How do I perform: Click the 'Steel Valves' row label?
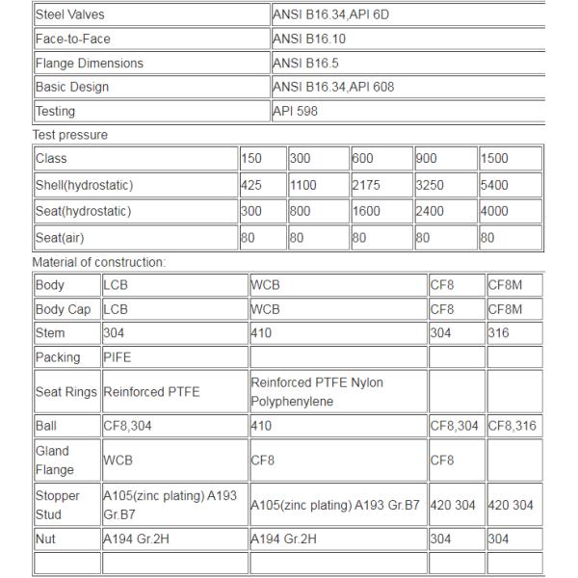click(70, 15)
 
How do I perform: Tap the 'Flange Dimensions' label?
click(90, 64)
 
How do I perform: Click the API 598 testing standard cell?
click(296, 112)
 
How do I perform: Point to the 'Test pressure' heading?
click(70, 135)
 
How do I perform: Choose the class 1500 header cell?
click(494, 159)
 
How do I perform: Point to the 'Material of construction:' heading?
click(99, 261)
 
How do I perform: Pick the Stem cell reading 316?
click(500, 333)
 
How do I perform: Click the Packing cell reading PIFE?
click(117, 358)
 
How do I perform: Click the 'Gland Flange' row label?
click(53, 460)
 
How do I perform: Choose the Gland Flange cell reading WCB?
click(118, 460)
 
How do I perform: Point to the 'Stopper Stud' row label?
click(54, 505)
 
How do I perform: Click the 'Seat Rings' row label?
click(66, 392)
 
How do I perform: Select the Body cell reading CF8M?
click(507, 285)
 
